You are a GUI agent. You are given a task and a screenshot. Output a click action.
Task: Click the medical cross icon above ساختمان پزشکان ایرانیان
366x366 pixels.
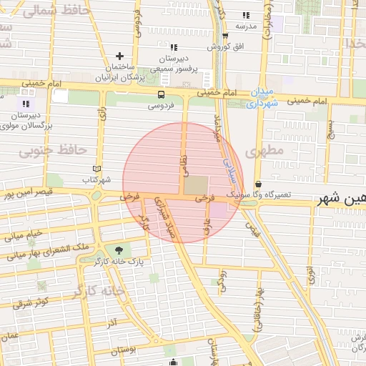tap(119, 56)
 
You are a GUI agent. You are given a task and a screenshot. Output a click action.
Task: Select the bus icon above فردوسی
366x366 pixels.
tap(160, 94)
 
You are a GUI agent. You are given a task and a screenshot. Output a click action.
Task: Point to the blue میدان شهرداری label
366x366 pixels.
tap(259, 97)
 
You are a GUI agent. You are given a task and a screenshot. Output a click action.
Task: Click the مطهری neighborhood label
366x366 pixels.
tap(264, 152)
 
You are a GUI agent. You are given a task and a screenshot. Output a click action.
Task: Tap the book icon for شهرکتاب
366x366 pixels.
tap(96, 169)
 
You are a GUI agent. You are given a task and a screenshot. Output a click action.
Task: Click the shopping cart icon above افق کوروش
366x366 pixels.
tap(225, 36)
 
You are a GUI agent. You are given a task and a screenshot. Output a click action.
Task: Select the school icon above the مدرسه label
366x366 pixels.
tap(246, 15)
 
